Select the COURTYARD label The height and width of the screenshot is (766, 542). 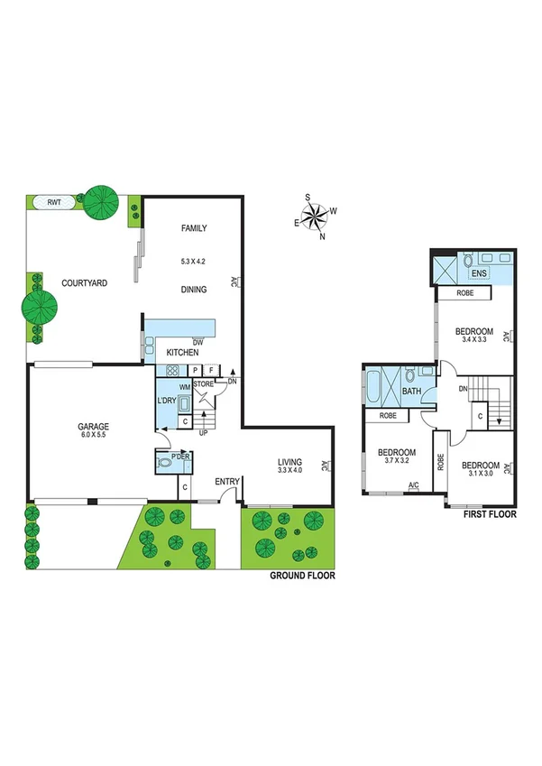click(x=84, y=283)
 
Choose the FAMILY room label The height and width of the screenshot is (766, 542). click(x=194, y=228)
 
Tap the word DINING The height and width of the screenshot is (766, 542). click(x=194, y=290)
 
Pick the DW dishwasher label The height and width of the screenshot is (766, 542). click(x=197, y=342)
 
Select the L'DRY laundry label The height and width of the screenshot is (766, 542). click(x=168, y=401)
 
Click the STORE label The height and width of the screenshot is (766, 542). click(x=204, y=386)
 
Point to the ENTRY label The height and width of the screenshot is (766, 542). click(x=225, y=482)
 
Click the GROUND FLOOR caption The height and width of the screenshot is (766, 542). click(x=302, y=575)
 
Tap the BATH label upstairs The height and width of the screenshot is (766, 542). click(x=411, y=392)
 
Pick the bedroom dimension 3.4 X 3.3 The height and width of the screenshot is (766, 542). click(x=473, y=340)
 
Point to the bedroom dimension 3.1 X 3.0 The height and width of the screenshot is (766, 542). click(x=479, y=475)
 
